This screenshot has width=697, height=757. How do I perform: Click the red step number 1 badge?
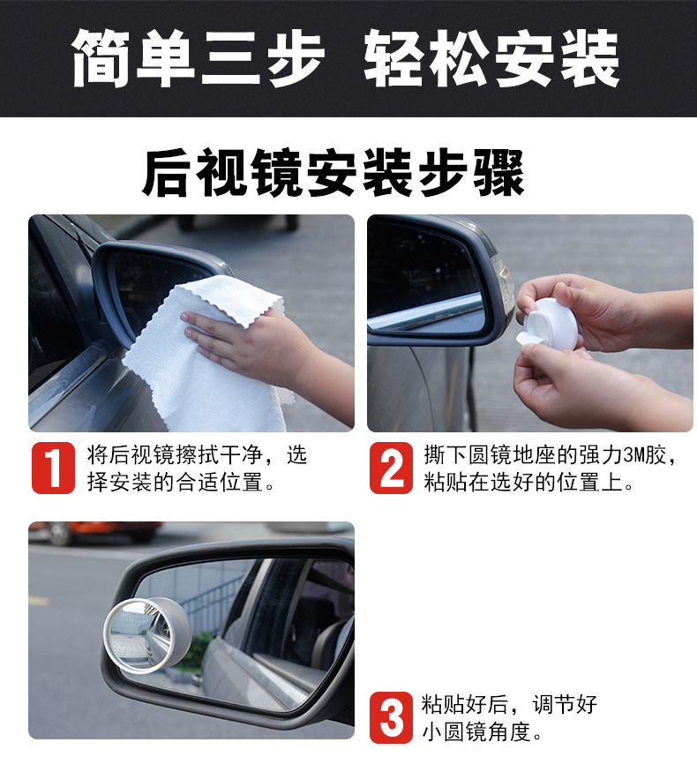tap(53, 468)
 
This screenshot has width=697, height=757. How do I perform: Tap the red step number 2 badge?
tap(390, 468)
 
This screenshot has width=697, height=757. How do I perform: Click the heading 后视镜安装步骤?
tap(334, 173)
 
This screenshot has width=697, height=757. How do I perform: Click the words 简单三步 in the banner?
tap(198, 57)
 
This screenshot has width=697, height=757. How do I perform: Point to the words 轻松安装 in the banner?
tap(491, 57)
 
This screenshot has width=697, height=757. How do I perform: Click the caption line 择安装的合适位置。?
tap(182, 483)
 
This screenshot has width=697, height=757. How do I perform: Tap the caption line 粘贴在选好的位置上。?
tap(528, 483)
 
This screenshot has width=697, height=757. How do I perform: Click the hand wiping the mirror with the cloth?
tap(251, 341)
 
